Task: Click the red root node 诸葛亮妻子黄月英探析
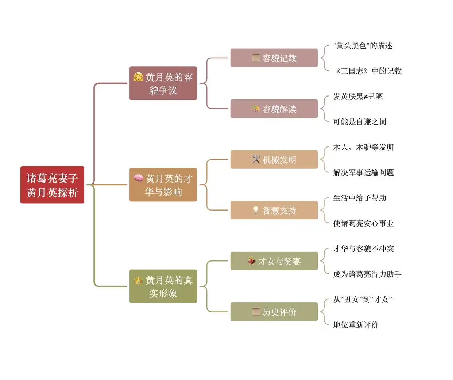52,185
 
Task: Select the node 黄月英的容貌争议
163,83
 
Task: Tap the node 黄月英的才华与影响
163,185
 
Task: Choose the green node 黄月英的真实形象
163,286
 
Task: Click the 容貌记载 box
274,58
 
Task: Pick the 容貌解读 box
274,109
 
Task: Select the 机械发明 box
274,160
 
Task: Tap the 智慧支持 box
274,210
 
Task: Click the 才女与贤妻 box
274,261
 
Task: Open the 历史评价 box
274,312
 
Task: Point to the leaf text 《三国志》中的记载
368,71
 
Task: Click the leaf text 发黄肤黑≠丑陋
358,97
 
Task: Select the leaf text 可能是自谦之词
360,122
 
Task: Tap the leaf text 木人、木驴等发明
363,147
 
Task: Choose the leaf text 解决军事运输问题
363,173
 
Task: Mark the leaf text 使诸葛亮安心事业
363,223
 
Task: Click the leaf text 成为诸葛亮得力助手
367,274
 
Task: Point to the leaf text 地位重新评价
356,325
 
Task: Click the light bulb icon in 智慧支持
256,210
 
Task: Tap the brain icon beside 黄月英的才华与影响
138,178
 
